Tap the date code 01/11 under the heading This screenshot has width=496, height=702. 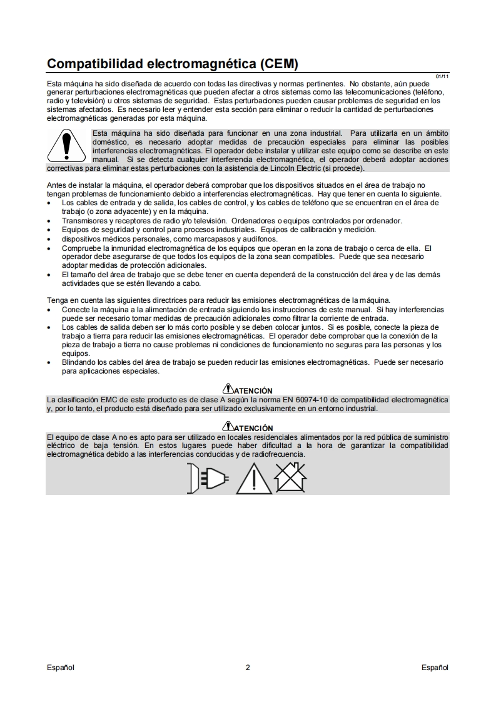[442, 76]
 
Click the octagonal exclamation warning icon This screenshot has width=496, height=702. [65, 146]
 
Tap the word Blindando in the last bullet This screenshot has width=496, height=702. [79, 362]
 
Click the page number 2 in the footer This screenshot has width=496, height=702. [248, 668]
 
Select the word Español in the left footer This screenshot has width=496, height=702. [61, 668]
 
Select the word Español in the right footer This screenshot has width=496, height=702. [435, 668]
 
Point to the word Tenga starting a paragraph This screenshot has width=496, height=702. [58, 300]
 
